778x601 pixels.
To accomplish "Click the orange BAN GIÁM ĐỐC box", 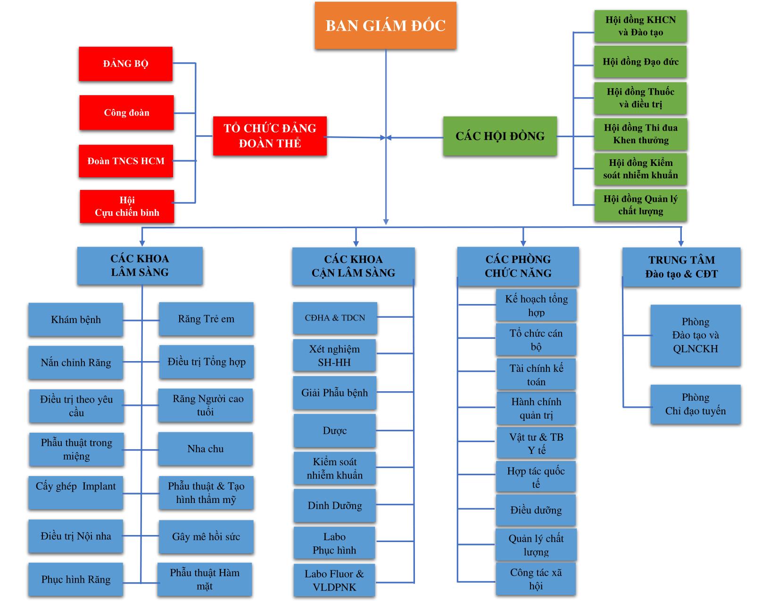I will (x=385, y=25).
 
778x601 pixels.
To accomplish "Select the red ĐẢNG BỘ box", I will (x=125, y=64).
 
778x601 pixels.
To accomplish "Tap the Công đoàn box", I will (x=126, y=113).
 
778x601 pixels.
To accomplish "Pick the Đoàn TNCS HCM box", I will (x=126, y=161).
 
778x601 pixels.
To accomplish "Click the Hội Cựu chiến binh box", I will (x=127, y=206).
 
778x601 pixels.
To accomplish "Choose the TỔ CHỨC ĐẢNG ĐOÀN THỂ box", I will (x=270, y=136).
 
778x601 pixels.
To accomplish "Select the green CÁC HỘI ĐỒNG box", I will (x=500, y=136).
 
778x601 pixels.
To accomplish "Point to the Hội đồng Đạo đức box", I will (x=640, y=62).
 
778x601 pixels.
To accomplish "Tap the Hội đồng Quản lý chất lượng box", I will (x=640, y=205).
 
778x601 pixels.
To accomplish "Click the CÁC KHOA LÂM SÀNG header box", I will (x=140, y=265).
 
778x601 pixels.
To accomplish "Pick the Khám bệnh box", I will (x=75, y=320).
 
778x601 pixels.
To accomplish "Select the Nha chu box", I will (x=205, y=449).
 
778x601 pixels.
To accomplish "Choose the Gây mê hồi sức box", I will (x=206, y=536).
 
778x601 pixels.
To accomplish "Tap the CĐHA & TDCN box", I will (x=335, y=318).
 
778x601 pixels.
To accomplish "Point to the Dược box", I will (x=335, y=430).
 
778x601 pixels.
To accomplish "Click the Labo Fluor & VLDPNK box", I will (x=334, y=580).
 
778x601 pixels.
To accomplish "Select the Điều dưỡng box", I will (x=536, y=510).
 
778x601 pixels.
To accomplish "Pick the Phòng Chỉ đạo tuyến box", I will (x=695, y=404).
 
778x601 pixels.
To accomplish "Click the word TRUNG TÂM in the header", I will (x=681, y=260).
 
